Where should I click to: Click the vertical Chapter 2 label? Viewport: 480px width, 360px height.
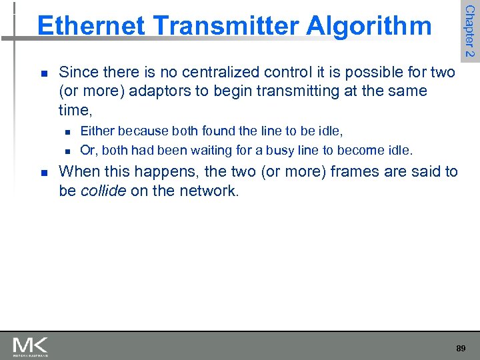[x=469, y=31]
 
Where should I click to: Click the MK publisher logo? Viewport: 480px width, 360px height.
[x=30, y=347]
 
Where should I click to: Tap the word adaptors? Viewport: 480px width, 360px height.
[x=159, y=90]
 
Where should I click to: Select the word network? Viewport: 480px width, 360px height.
[x=209, y=191]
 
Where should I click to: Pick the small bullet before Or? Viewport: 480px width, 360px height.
[x=66, y=151]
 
